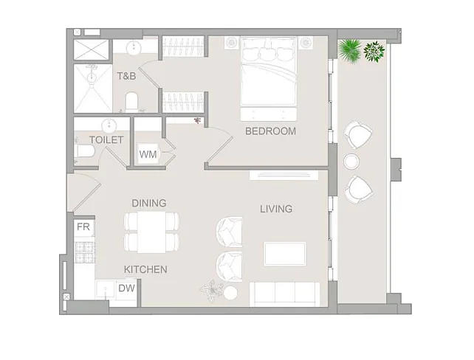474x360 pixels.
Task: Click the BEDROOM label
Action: (x=270, y=131)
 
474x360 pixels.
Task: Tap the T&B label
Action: (x=127, y=76)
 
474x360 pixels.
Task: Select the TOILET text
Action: (x=106, y=140)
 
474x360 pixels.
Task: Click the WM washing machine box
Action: (x=148, y=154)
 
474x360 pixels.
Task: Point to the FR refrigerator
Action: (x=83, y=226)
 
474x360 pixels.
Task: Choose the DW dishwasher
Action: (x=127, y=288)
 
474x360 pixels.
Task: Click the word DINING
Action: (x=149, y=203)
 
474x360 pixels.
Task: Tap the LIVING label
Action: (x=276, y=209)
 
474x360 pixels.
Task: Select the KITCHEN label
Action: (x=145, y=269)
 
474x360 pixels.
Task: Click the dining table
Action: (x=152, y=232)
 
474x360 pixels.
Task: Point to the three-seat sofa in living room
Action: (x=284, y=294)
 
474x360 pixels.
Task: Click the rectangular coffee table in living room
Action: (x=285, y=254)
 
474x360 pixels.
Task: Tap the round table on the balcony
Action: (x=351, y=162)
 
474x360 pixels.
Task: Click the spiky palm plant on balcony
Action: (x=350, y=51)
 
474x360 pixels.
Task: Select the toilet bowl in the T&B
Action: (x=131, y=102)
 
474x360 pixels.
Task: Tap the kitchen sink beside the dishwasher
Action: (x=106, y=289)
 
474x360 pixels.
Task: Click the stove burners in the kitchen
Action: (x=85, y=252)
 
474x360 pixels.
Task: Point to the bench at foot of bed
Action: (x=269, y=114)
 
